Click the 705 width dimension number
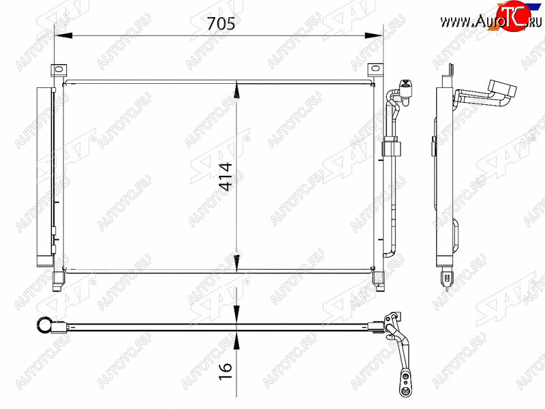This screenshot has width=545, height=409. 221,23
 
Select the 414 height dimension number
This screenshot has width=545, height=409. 226,177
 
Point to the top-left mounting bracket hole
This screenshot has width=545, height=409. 59,70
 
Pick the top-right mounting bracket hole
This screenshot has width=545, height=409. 375,68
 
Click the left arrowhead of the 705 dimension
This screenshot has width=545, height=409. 63,35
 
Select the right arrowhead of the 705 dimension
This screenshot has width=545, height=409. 373,35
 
